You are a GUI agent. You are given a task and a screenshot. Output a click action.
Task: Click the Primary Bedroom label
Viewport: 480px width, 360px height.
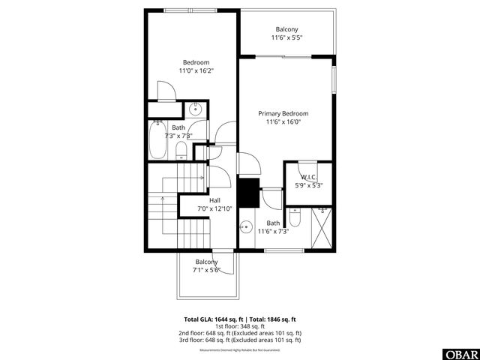click(x=283, y=113)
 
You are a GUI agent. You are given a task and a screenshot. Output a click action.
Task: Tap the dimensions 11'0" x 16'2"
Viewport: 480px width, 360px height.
click(x=196, y=70)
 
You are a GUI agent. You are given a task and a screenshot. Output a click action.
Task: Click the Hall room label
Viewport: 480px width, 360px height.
click(x=214, y=200)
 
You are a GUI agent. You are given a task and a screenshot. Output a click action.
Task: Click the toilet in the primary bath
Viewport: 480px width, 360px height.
click(x=295, y=220)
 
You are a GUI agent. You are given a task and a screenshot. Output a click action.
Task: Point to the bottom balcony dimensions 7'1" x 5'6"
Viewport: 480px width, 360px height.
click(x=205, y=270)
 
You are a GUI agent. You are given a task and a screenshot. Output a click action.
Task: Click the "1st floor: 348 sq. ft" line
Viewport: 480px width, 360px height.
click(x=240, y=325)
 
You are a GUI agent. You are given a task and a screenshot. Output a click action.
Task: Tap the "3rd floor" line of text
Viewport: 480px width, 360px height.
click(x=240, y=340)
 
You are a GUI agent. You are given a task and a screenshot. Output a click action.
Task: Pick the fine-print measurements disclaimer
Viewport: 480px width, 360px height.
click(x=239, y=350)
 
